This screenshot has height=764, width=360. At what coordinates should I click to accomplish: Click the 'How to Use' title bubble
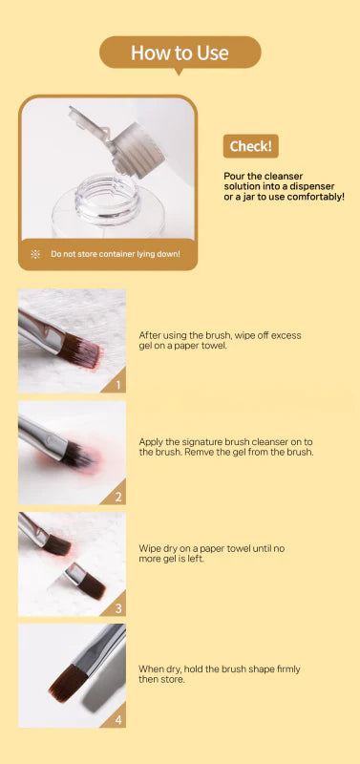180,53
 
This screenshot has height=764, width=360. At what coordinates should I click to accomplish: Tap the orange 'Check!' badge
252,146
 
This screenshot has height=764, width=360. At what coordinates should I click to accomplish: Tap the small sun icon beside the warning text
35,254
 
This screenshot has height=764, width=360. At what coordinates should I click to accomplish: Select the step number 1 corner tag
117,386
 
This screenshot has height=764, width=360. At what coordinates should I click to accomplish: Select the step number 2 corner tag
117,497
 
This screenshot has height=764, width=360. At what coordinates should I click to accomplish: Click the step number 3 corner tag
117,608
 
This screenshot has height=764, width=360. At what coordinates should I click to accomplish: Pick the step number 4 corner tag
117,719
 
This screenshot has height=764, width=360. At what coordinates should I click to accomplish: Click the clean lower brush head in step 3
91,583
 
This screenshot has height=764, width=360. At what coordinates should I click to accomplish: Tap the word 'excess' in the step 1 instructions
286,335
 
